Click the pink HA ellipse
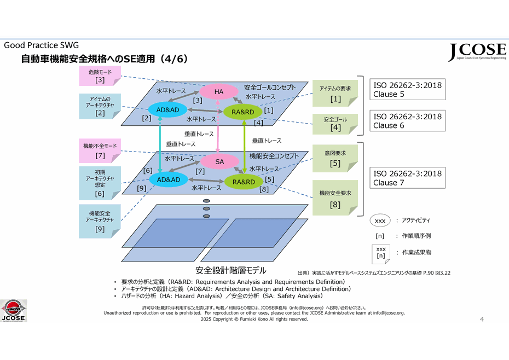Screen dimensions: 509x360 [x=218, y=92]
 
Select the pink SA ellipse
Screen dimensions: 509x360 [x=219, y=161]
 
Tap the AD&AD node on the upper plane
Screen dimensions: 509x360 [x=168, y=110]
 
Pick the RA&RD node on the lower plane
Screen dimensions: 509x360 [x=244, y=182]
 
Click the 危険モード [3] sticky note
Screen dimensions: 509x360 [x=100, y=76]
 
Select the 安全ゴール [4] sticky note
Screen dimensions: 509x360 [x=336, y=124]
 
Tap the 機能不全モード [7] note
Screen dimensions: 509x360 [x=100, y=150]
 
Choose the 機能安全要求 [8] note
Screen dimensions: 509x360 [x=336, y=198]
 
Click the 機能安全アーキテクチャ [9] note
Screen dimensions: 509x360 [x=100, y=221]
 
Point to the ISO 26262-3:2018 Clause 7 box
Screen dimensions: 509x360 [x=407, y=178]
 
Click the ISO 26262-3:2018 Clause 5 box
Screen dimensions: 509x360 [x=407, y=89]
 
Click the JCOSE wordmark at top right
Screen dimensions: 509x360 [x=477, y=52]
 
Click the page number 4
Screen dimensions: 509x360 [x=482, y=319]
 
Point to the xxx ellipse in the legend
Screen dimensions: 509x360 [x=380, y=220]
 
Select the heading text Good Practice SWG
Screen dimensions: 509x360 [x=41, y=45]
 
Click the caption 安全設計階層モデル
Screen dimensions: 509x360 [x=230, y=270]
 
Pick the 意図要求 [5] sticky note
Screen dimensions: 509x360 [x=336, y=159]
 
